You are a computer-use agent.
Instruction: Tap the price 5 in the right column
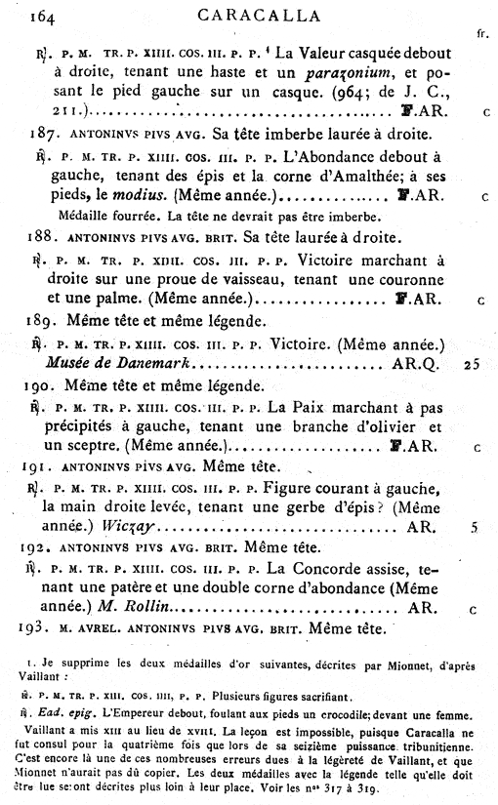(x=474, y=527)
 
